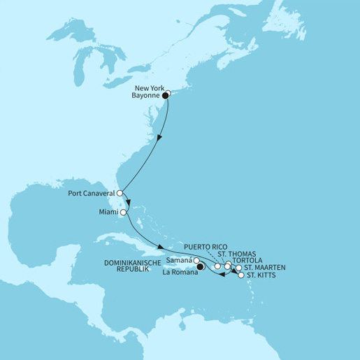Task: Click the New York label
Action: coord(145,89)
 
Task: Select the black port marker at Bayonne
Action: coord(166,94)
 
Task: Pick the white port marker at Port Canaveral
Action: coord(120,193)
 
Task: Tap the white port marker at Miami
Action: coord(124,212)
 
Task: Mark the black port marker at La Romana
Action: coord(200,266)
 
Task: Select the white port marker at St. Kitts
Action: coord(242,275)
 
